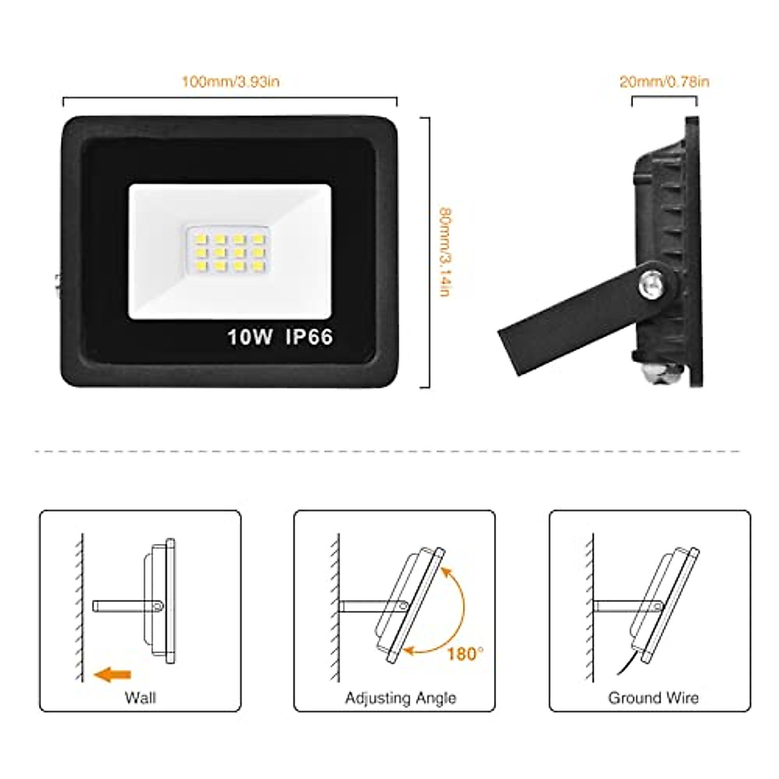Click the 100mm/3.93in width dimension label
point(230,82)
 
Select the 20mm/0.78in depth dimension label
point(664,81)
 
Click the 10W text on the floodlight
point(249,337)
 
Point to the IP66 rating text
point(309,337)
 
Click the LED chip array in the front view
point(227,249)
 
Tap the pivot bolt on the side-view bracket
point(650,283)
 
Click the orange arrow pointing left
point(113,675)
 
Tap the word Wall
point(140,698)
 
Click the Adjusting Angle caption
point(401,698)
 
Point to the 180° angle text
point(465,653)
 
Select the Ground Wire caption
point(653,698)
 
